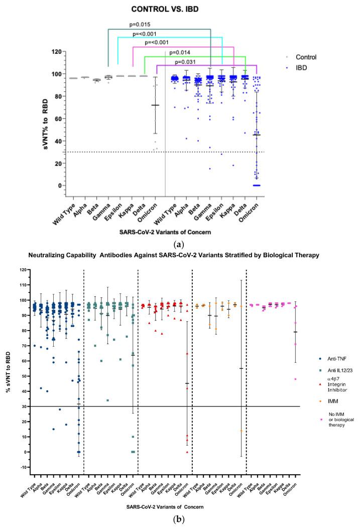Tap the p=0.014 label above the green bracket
pyautogui.click(x=180, y=52)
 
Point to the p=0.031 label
pyautogui.click(x=187, y=62)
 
